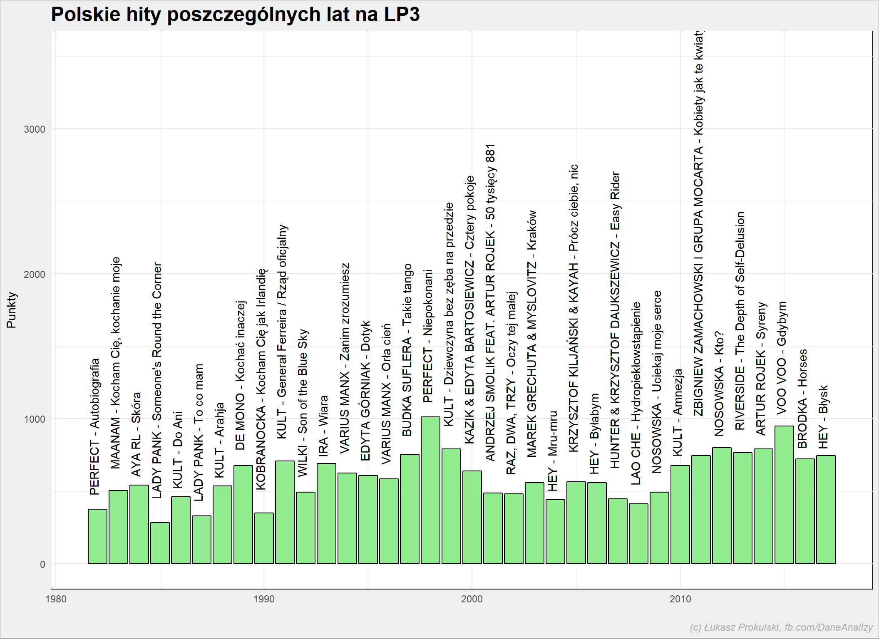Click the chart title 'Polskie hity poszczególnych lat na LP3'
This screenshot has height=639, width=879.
pos(235,15)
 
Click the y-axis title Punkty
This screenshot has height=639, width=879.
pos(11,310)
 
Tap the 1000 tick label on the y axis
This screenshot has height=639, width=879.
pos(35,419)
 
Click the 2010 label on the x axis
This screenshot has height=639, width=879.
pos(680,599)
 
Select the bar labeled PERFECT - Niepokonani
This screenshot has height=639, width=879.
pos(430,490)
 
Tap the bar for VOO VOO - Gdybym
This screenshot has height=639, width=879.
pos(784,495)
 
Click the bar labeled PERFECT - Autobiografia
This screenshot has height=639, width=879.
pos(97,536)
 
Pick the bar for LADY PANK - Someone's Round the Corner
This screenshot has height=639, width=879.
pos(160,543)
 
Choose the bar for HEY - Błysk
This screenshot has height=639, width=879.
pos(826,510)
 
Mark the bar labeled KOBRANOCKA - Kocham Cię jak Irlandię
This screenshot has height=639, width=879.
pos(264,538)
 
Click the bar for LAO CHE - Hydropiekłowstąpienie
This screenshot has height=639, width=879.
pos(638,534)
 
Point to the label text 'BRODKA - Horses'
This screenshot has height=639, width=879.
pos(802,399)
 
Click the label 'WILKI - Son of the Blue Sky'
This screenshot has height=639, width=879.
pos(303,403)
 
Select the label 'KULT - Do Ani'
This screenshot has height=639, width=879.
pos(178,450)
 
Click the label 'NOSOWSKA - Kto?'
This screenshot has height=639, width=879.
pos(719,384)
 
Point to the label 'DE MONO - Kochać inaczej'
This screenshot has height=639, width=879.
pos(240,375)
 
